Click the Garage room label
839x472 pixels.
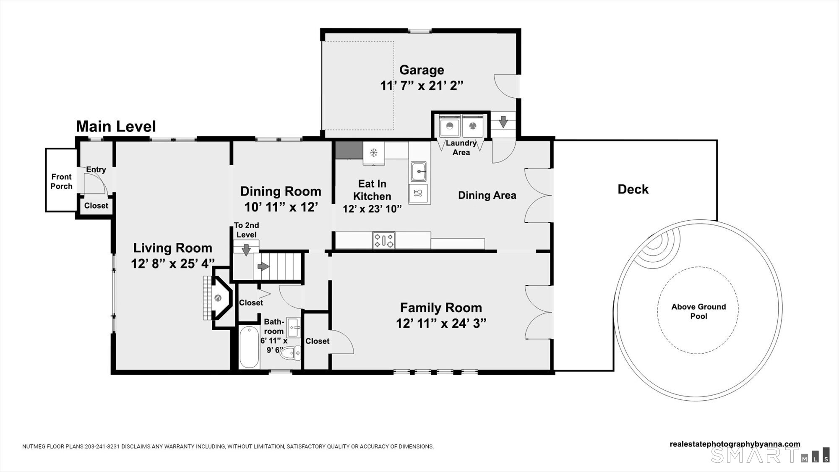(x=422, y=70)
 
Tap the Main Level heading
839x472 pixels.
(x=116, y=126)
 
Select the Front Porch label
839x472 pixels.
(x=61, y=181)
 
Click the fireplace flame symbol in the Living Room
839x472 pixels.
(x=218, y=298)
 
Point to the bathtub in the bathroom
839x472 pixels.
(x=249, y=347)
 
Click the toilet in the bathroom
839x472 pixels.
(x=291, y=354)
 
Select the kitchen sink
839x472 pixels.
(x=418, y=171)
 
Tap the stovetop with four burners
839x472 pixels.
(x=384, y=240)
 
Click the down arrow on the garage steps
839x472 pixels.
(x=503, y=122)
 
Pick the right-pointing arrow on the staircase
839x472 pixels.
(x=263, y=266)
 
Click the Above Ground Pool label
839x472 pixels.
(x=698, y=311)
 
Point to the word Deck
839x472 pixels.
(x=633, y=189)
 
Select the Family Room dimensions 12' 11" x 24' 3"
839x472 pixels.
(x=441, y=323)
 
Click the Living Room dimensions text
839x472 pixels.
(x=172, y=263)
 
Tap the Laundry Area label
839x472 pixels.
(x=461, y=147)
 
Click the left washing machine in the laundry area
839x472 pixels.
(x=450, y=126)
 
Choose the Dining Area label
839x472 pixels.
(x=487, y=195)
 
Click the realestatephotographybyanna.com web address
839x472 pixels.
(x=735, y=444)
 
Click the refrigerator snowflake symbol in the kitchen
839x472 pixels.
(x=374, y=152)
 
